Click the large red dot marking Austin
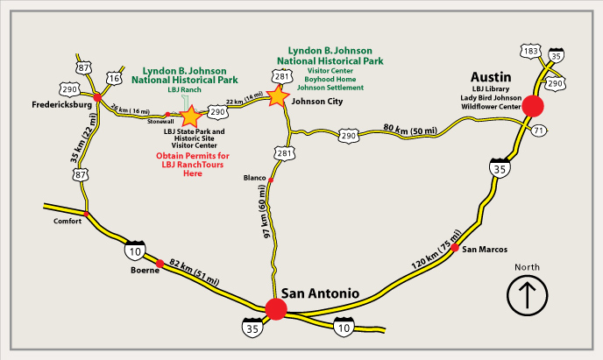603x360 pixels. pyautogui.click(x=532, y=106)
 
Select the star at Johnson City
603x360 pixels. pyautogui.click(x=278, y=95)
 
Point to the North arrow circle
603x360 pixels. pyautogui.click(x=527, y=293)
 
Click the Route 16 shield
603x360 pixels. pyautogui.click(x=114, y=79)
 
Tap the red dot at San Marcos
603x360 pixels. pyautogui.click(x=455, y=249)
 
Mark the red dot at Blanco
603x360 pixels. pyautogui.click(x=271, y=180)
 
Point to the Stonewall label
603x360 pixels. pyautogui.click(x=162, y=123)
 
